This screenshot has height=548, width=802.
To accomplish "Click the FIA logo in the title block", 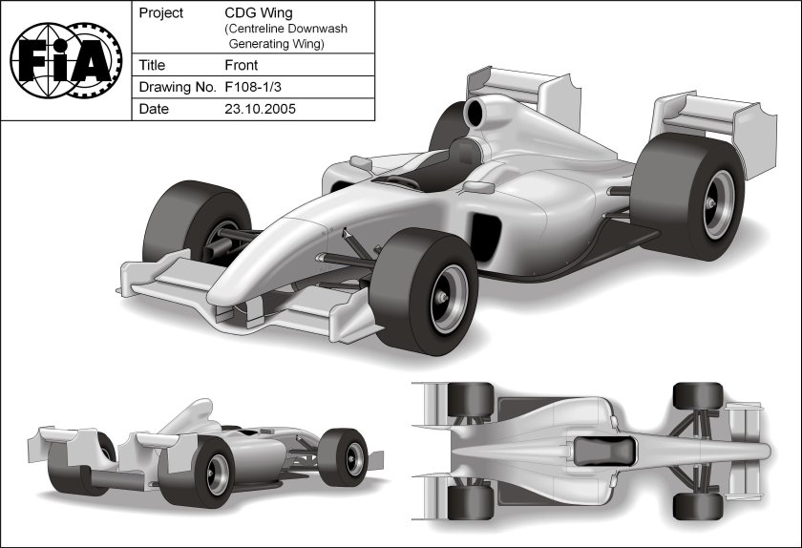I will pos(65,60).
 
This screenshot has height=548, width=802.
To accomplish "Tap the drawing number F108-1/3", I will pos(257,87).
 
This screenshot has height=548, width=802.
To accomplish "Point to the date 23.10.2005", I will pos(260,109).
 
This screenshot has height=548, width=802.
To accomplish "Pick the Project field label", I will pos(161,13).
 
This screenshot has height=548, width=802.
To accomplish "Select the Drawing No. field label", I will pos(176,87).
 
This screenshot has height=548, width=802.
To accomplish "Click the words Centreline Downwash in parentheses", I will pos(286,29).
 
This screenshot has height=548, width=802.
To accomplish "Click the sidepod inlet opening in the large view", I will pos(487,239).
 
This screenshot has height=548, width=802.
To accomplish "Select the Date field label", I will pos(154,109).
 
